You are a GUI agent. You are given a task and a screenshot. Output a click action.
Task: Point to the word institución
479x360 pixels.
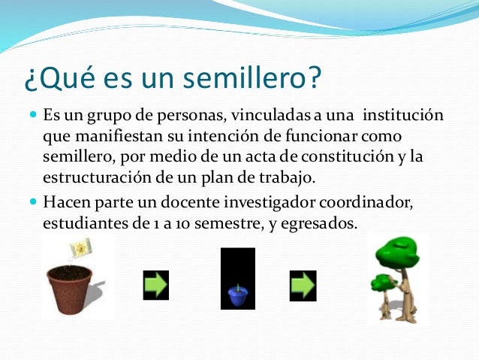[402, 117]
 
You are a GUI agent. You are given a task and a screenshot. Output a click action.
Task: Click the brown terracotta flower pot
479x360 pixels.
[69, 289]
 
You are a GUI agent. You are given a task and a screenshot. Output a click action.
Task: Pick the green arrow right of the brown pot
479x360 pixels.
[155, 285]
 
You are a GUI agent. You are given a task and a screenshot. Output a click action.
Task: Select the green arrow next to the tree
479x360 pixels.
[303, 285]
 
